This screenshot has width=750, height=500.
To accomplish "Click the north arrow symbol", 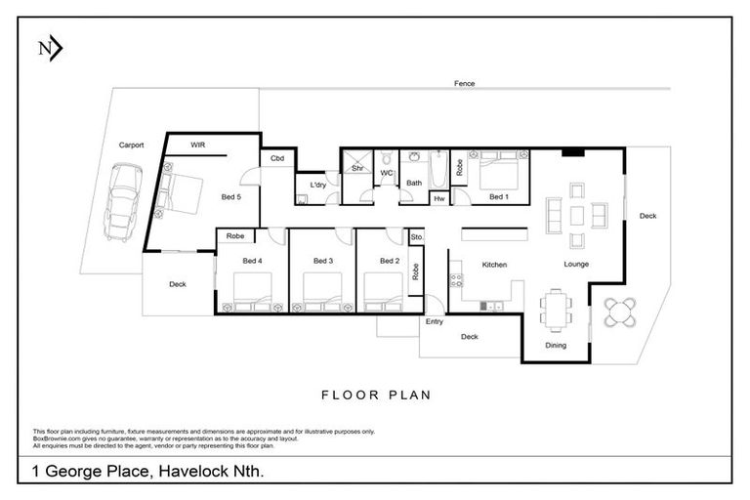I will tap(49, 48).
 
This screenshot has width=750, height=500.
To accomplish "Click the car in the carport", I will tap(123, 200).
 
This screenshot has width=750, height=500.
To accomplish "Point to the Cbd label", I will tap(277, 159).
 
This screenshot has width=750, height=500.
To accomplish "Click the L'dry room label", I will tap(317, 185).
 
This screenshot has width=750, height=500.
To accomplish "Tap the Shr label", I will tap(357, 168).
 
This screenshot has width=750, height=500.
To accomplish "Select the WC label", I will tap(386, 173).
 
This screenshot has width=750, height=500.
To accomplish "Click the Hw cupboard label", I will tap(438, 198).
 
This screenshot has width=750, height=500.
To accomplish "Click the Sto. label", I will tap(417, 236).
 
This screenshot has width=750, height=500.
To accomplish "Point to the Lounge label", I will tap(577, 264).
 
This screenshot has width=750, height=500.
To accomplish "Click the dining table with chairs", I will tap(556, 309).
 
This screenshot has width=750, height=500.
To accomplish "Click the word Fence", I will tap(464, 84).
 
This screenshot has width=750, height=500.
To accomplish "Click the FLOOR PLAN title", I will tap(376, 396).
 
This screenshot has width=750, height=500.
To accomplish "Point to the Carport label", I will tap(131, 145).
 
